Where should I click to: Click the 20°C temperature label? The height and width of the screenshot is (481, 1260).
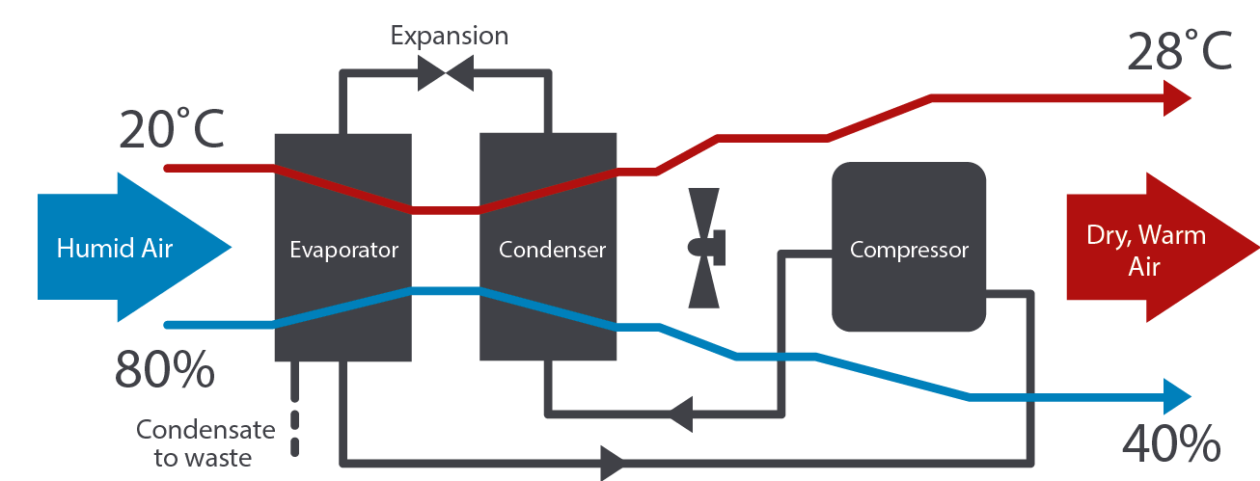(172, 128)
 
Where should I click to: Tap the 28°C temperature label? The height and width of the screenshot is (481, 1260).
(1180, 50)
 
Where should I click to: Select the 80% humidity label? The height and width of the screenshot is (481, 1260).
(164, 368)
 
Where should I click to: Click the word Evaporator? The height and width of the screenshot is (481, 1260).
(343, 250)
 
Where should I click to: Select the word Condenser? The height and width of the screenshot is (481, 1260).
(552, 250)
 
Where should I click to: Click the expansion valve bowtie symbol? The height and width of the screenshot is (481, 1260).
(445, 72)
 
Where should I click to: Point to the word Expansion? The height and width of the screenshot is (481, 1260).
(449, 37)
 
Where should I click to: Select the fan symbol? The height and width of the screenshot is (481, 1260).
(706, 247)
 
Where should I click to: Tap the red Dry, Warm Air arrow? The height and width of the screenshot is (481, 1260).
(1148, 249)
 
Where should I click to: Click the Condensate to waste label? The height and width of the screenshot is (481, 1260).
(205, 442)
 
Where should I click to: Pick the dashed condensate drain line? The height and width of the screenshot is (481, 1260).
(295, 410)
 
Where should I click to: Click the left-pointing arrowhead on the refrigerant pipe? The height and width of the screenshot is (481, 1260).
(679, 414)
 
